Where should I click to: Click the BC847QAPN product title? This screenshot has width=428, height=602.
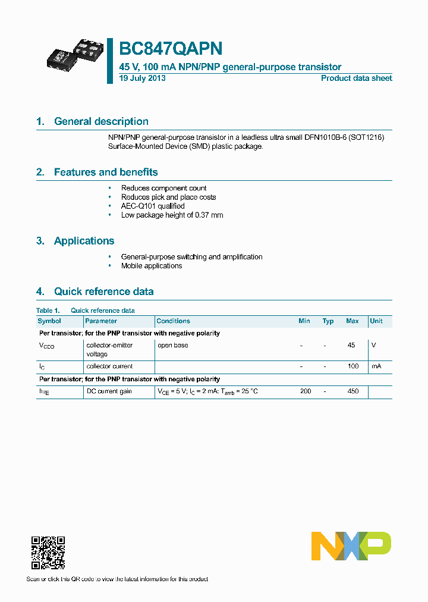pos(172,48)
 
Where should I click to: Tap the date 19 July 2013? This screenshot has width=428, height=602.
pos(142,79)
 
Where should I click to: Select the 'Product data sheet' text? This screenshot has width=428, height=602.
pos(356,79)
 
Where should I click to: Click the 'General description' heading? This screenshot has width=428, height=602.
pos(101,121)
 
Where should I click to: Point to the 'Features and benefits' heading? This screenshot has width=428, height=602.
pos(106,172)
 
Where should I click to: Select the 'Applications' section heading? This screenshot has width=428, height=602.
pos(84,241)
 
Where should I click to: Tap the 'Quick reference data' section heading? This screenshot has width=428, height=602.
pos(103,291)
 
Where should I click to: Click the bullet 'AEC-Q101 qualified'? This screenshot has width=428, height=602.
pos(153,206)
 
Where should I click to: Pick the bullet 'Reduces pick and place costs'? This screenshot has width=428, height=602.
pos(168,197)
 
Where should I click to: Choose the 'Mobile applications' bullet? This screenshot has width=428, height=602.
pos(152,266)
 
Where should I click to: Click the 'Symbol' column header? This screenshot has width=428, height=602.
pos(49,321)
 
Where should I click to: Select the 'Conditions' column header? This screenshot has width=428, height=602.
pos(173,321)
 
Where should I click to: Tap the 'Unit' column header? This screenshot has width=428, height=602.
pos(376,321)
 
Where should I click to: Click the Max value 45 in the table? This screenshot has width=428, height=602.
pos(351,345)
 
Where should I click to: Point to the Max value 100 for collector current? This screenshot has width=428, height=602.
pos(353,366)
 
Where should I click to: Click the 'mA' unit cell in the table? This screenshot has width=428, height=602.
pos(376,366)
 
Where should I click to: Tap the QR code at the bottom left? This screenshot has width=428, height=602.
pos(48,553)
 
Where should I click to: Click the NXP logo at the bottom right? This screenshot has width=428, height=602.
pos(351,546)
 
